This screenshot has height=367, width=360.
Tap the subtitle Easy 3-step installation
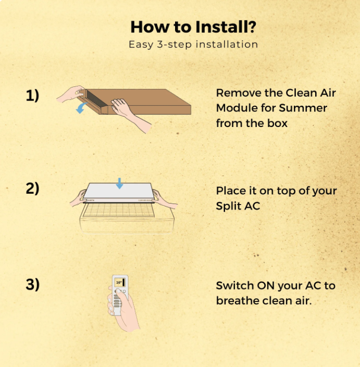tap(193, 44)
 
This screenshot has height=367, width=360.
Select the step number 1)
tap(32, 95)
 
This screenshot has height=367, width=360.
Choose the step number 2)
tap(32, 188)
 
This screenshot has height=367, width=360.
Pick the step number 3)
tap(32, 284)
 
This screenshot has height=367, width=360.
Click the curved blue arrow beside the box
tap(81, 108)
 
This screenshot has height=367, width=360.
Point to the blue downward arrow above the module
tap(119, 183)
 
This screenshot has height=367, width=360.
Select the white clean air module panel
tap(118, 193)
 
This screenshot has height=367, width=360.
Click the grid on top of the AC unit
tap(119, 210)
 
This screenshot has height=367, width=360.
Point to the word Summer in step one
tap(303, 108)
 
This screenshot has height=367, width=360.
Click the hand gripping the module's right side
tap(165, 199)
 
